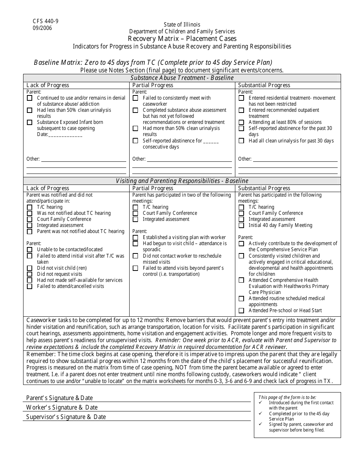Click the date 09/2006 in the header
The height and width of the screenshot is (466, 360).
42,28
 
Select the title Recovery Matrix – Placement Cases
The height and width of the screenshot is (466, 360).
182,39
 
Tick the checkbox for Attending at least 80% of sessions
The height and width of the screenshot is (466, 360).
241,122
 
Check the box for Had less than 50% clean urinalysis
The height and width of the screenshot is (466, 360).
30,110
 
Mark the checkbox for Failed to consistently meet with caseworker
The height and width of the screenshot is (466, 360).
135,98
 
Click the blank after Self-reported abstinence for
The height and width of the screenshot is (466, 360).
211,141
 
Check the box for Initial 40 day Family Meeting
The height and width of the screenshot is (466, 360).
241,225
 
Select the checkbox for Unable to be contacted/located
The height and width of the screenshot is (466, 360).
30,250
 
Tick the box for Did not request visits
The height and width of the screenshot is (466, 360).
30,274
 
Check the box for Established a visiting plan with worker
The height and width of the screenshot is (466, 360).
135,238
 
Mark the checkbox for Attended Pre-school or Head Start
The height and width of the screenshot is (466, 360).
241,311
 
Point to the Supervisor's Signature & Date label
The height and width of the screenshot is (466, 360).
66,417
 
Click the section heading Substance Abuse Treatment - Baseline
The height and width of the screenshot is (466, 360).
182,78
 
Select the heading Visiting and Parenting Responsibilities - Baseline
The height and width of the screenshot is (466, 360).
182,181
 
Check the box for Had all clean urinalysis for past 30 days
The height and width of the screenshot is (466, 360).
241,141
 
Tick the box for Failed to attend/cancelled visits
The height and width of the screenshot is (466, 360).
30,286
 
